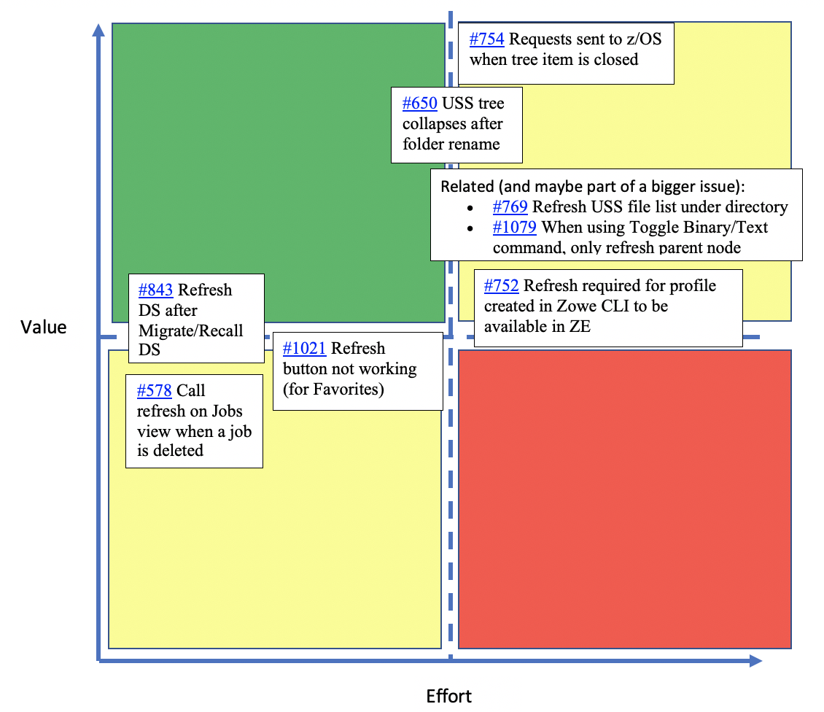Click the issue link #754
click(486, 39)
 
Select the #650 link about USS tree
click(419, 104)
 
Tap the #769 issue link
click(510, 207)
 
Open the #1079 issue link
click(514, 228)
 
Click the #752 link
click(501, 285)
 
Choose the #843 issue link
click(155, 290)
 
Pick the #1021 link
click(304, 349)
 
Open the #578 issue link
click(154, 391)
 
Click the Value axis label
click(44, 327)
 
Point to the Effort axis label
click(448, 696)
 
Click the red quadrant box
click(624, 499)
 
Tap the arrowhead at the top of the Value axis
click(98, 29)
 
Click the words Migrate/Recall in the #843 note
click(191, 330)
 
